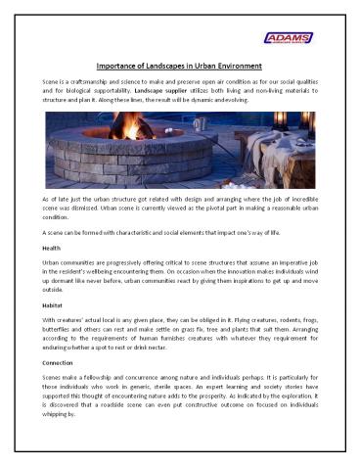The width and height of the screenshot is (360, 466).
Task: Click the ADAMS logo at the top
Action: coord(292,38)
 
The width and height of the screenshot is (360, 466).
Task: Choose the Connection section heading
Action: coord(60,363)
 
